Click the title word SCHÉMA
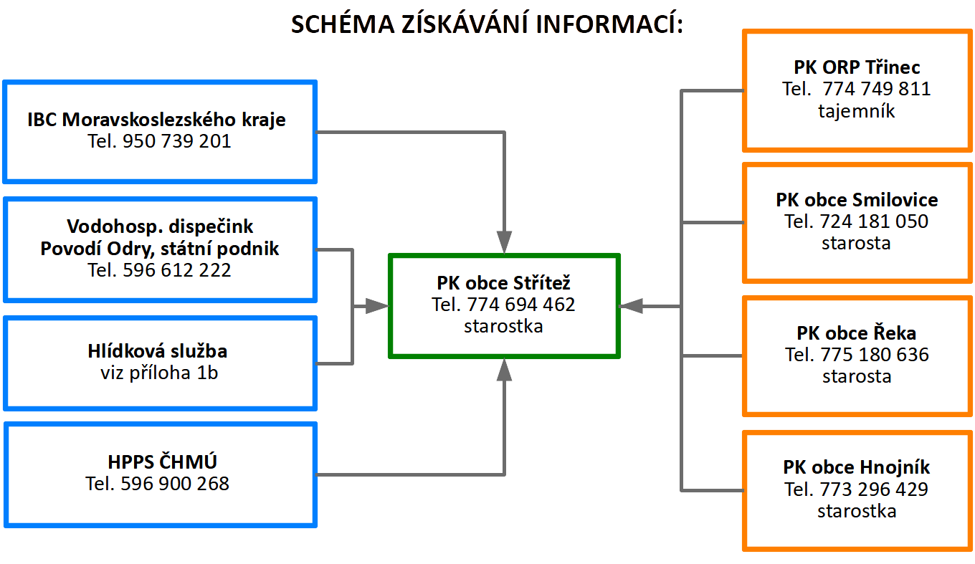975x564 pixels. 343,24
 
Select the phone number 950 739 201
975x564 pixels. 176,141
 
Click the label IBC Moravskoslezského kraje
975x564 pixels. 157,119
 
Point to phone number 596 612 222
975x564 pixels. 176,269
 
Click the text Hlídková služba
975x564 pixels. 158,350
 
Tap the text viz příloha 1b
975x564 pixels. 159,373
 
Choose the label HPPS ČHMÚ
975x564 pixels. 162,462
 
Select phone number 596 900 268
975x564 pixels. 175,484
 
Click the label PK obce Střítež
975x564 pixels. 503,283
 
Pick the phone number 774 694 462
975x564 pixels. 521,305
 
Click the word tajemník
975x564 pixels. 857,111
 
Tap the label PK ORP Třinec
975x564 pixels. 857,67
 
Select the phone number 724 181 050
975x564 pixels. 874,221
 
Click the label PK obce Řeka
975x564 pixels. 857,333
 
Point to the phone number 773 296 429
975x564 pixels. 874,489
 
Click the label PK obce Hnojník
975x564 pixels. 857,467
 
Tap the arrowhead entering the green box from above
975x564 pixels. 504,242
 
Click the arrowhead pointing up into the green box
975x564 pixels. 504,371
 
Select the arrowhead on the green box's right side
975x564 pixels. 631,307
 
